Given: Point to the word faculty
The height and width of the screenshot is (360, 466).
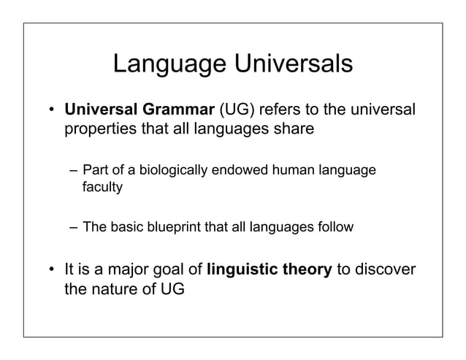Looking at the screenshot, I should [x=102, y=187].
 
